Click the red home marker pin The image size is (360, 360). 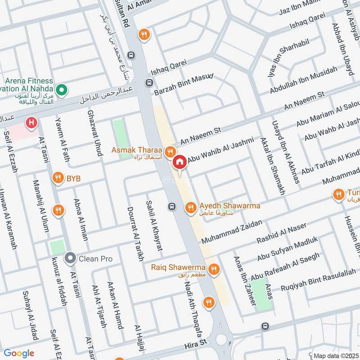click(180, 162)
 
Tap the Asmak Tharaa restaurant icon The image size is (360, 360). click(170, 151)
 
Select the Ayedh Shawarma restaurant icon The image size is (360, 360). click(190, 207)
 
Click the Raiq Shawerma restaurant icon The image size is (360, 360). click(214, 269)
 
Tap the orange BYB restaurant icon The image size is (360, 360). click(58, 178)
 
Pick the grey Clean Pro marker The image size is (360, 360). click(70, 259)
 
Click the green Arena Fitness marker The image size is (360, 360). click(62, 90)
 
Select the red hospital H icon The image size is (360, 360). click(31, 122)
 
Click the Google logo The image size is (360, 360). click(19, 353)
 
